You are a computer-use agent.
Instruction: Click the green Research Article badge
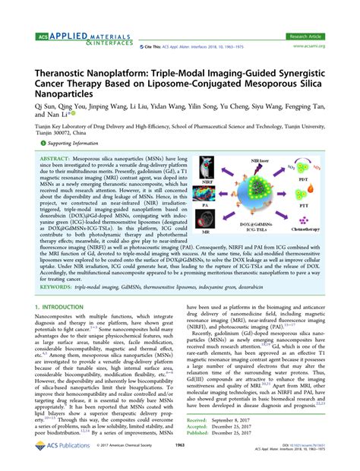click(311, 36)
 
